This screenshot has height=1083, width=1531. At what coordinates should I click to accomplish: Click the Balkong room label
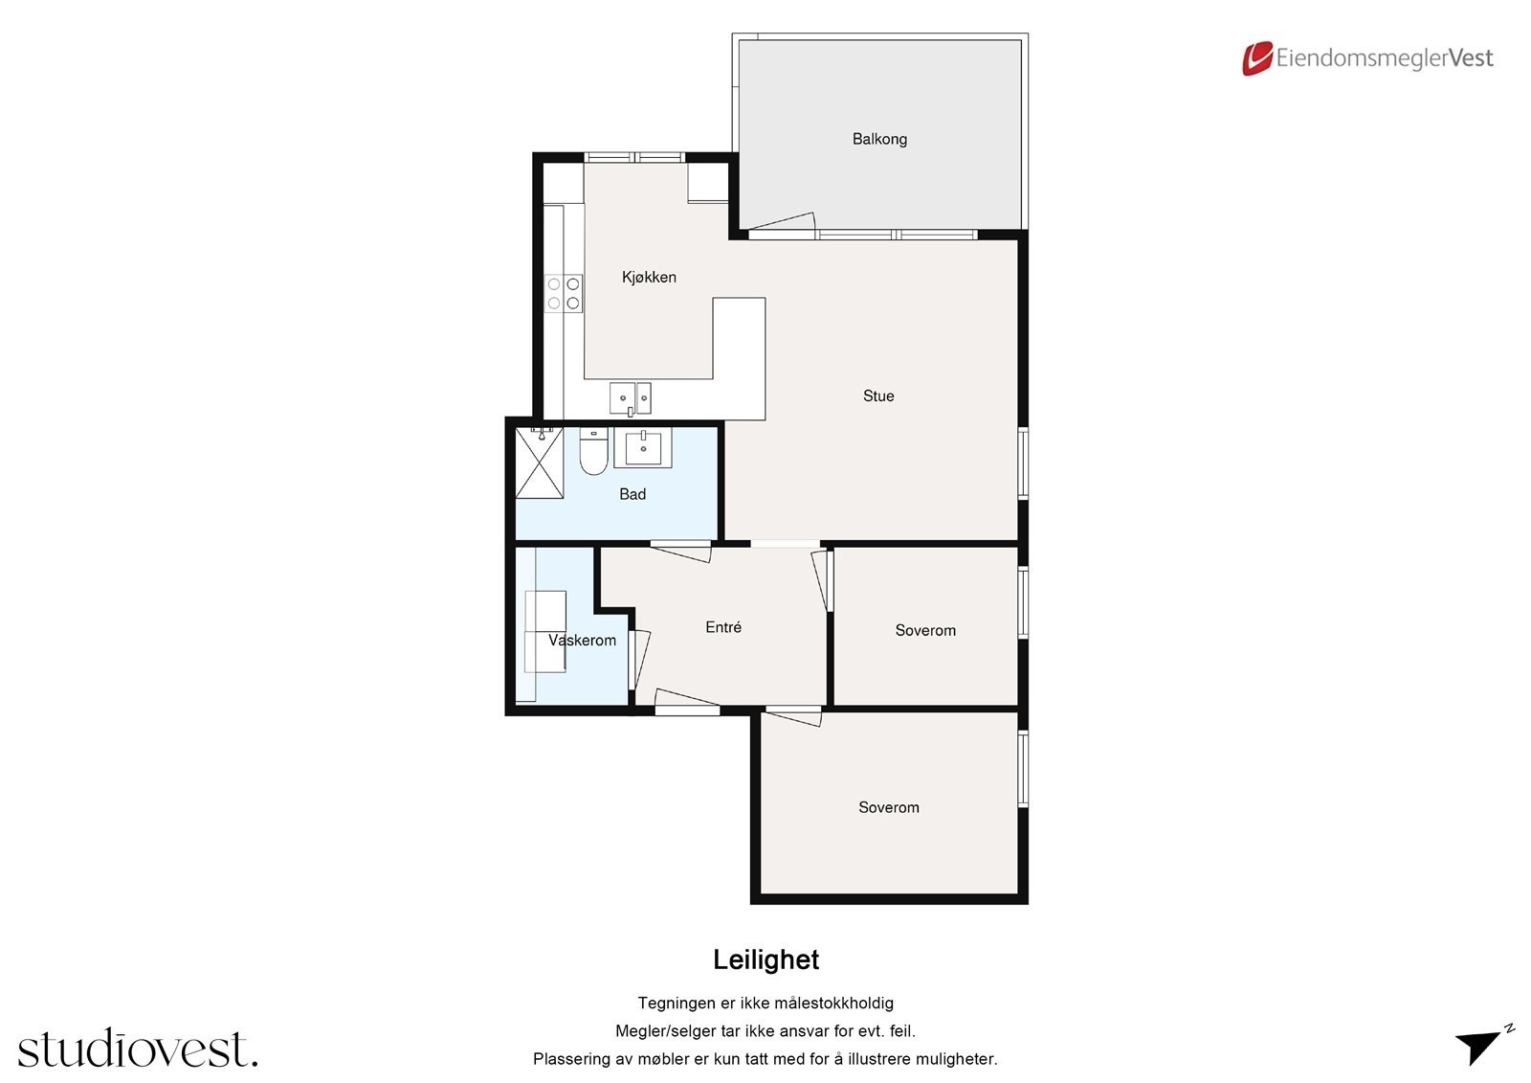coord(879,139)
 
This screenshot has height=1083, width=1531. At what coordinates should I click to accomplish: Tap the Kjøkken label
coord(649,277)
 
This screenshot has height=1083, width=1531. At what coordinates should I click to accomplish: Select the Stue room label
coord(878,395)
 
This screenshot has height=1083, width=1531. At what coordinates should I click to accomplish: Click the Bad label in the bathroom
coord(632,494)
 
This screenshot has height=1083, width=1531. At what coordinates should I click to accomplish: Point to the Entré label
coord(723,626)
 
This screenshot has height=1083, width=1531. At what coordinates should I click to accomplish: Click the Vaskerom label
coord(582,641)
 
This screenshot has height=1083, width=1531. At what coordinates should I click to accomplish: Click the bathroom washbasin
coord(642,447)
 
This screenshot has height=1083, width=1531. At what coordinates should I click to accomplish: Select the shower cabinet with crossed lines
coord(540,463)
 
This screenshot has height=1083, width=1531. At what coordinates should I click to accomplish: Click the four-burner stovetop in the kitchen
coord(564,294)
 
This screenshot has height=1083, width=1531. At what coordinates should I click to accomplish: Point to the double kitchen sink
coord(631,399)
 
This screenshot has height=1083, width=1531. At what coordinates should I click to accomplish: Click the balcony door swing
coord(780,222)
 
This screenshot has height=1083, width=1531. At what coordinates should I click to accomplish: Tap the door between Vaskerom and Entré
coord(638,660)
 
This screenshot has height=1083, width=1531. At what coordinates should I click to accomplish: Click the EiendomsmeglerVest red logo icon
coord(1257,58)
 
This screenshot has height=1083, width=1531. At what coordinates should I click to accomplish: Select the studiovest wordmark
coord(138,1048)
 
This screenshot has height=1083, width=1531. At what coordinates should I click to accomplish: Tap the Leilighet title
coord(765,959)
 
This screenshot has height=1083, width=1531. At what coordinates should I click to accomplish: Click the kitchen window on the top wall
coord(634,157)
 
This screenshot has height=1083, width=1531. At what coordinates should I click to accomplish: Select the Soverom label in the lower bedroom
coord(889,807)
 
